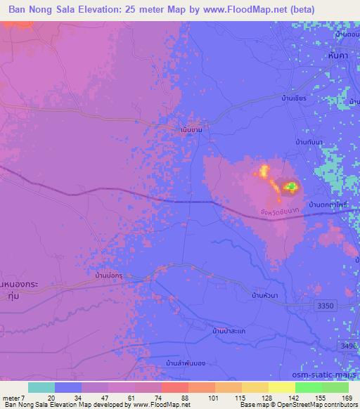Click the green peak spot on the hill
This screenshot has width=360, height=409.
(x=290, y=186)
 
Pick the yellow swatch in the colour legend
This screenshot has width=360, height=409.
(x=281, y=387)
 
